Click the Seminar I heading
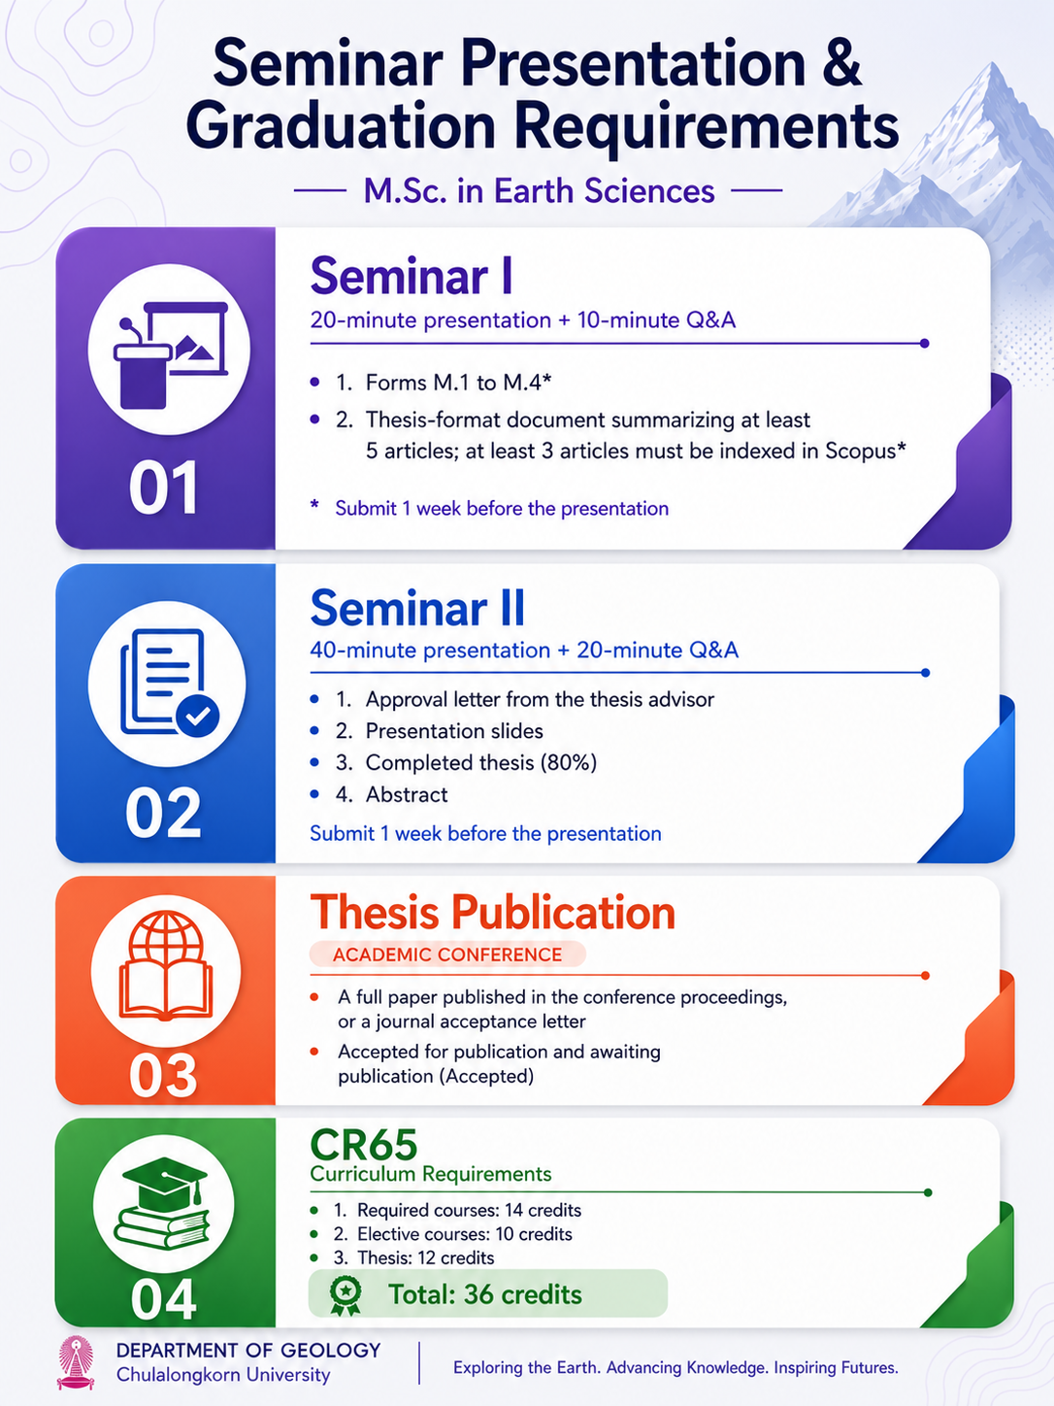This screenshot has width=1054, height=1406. (411, 276)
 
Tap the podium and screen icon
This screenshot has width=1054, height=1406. (171, 354)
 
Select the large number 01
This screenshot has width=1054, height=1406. (163, 487)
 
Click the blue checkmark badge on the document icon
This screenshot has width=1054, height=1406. (198, 716)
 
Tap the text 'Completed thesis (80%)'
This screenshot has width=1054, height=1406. (480, 762)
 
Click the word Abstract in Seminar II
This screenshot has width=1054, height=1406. (407, 794)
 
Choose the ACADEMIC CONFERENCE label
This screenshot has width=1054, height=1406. (447, 954)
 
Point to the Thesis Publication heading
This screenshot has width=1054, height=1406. (493, 912)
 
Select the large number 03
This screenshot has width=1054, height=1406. (163, 1076)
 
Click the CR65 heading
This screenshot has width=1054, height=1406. (364, 1145)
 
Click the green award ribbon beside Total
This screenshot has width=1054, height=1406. (346, 1295)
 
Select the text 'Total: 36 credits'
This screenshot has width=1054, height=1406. (485, 1294)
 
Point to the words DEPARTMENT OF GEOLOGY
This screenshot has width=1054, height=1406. (248, 1350)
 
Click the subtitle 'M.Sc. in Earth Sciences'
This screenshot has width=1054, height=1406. (539, 191)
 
